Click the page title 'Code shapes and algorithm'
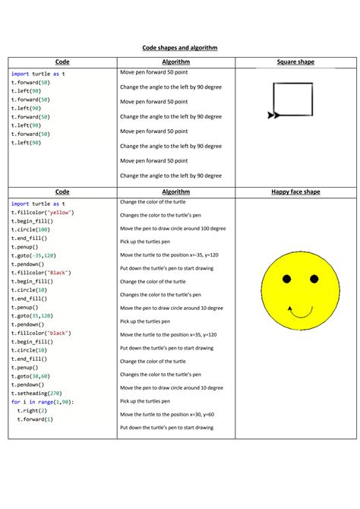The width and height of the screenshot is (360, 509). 180,48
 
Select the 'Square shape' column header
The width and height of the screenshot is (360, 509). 296,62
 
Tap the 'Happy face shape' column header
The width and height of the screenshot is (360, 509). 295,192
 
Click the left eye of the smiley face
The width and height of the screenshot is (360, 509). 286,280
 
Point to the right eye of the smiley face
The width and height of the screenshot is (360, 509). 314,280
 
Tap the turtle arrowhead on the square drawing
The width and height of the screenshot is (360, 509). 273,115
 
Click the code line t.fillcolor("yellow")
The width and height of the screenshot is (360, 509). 43,213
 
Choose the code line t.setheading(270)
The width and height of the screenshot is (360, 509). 41,393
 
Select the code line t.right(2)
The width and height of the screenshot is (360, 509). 35,410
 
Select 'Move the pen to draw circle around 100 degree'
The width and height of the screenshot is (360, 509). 172,229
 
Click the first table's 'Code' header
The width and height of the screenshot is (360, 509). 62,62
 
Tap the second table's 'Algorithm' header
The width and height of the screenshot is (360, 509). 176,192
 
